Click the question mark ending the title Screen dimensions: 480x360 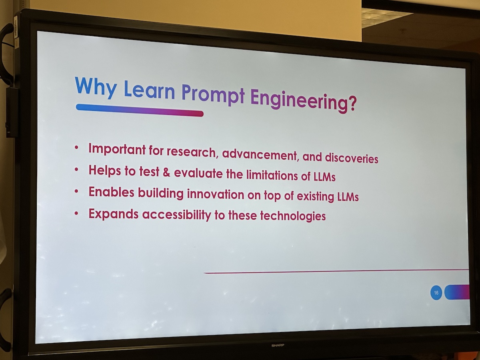pyautogui.click(x=351, y=103)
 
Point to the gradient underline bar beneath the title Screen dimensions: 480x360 pyautogui.click(x=140, y=110)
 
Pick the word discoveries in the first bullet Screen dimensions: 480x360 pyautogui.click(x=352, y=158)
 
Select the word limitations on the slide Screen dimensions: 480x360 pyautogui.click(x=272, y=175)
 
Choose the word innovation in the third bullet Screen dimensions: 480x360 pyautogui.click(x=215, y=194)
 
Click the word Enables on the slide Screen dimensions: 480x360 pyautogui.click(x=111, y=192)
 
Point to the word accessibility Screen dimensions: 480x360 pyautogui.click(x=176, y=215)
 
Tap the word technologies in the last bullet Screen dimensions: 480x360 pyautogui.click(x=293, y=216)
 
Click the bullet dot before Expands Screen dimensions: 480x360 pyautogui.click(x=76, y=213)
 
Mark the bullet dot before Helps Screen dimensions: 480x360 pyautogui.click(x=76, y=169)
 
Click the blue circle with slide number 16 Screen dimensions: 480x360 pyautogui.click(x=436, y=292)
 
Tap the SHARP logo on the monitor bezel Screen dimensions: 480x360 pyautogui.click(x=278, y=345)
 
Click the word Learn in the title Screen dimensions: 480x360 pyautogui.click(x=149, y=90)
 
